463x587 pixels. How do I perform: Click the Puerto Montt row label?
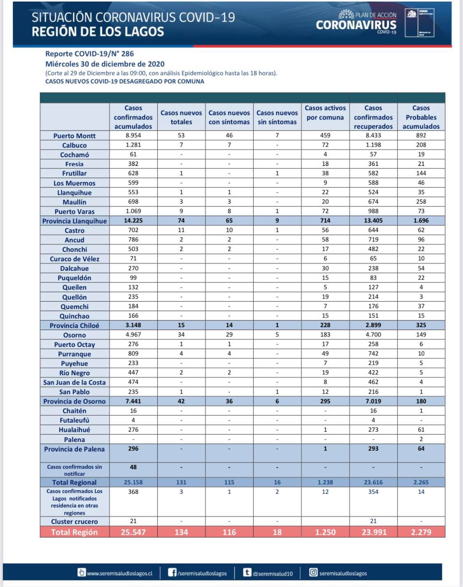point(74,136)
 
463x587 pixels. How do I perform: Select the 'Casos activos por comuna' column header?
point(325,113)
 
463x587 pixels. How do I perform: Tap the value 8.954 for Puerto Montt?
point(133,135)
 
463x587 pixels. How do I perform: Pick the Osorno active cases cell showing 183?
point(325,335)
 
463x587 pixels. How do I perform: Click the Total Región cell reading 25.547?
point(133,532)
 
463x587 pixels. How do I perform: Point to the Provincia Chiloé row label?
point(74,326)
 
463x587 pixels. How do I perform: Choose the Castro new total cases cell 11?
point(181,230)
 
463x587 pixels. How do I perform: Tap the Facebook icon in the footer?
point(172,572)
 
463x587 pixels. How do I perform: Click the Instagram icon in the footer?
point(313,572)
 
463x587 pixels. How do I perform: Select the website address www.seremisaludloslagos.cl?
point(119,573)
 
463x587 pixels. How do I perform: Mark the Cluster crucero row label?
point(74,522)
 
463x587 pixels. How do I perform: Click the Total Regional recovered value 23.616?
point(373,482)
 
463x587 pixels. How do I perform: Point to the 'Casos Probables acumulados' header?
point(421,117)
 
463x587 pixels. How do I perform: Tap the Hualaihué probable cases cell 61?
point(421,430)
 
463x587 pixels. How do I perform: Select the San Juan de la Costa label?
point(74,382)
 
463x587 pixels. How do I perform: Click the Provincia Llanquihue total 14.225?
point(133,221)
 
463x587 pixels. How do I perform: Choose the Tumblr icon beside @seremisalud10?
point(247,572)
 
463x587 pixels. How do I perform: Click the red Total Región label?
point(74,532)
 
